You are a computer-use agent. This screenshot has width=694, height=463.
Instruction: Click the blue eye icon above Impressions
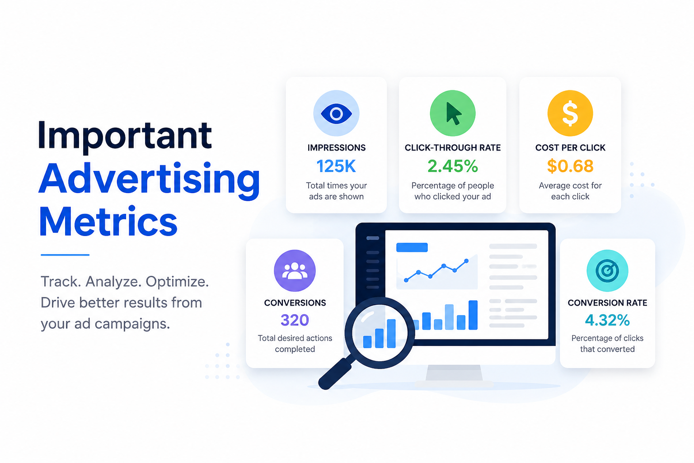[336, 113]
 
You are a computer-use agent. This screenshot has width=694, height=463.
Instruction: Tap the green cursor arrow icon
[453, 113]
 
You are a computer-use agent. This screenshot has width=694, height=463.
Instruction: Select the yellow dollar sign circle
[570, 113]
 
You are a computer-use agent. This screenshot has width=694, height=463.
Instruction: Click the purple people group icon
[295, 270]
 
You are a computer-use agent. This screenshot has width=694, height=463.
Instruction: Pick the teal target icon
[607, 270]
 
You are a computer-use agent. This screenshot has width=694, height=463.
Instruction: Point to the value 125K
[336, 166]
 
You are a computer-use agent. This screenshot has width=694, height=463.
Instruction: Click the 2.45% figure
[453, 166]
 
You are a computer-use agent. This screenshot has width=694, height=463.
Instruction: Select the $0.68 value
[570, 166]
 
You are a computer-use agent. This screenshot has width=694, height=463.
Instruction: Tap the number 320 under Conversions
[295, 320]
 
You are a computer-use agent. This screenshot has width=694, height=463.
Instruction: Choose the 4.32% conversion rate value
[607, 320]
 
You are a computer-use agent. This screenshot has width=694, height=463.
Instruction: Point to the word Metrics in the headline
[108, 221]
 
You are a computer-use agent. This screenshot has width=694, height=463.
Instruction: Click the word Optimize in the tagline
[177, 282]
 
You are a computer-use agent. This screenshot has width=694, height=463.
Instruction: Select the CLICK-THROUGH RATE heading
[453, 147]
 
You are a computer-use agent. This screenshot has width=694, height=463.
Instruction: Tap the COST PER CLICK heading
[570, 147]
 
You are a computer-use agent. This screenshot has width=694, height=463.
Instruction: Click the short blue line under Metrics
[65, 255]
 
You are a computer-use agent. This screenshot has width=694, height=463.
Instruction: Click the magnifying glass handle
[336, 373]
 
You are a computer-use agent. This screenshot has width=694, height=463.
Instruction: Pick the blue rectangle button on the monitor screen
[412, 247]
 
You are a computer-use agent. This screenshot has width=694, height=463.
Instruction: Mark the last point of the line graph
[466, 261]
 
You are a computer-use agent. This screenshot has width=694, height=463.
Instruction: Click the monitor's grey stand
[454, 373]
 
